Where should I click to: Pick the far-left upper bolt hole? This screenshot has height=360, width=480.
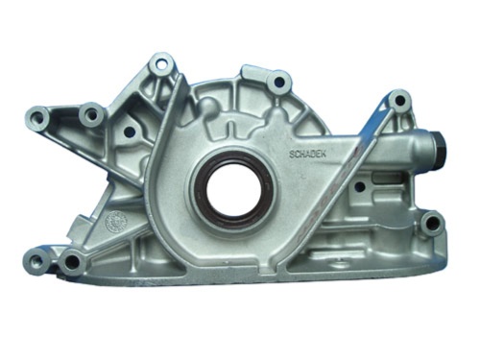40,117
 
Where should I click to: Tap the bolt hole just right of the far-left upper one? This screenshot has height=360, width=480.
93,115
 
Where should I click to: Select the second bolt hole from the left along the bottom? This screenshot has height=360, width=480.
72,259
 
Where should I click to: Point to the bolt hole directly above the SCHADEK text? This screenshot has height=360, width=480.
280,84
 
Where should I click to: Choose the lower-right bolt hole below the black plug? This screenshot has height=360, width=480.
431,224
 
